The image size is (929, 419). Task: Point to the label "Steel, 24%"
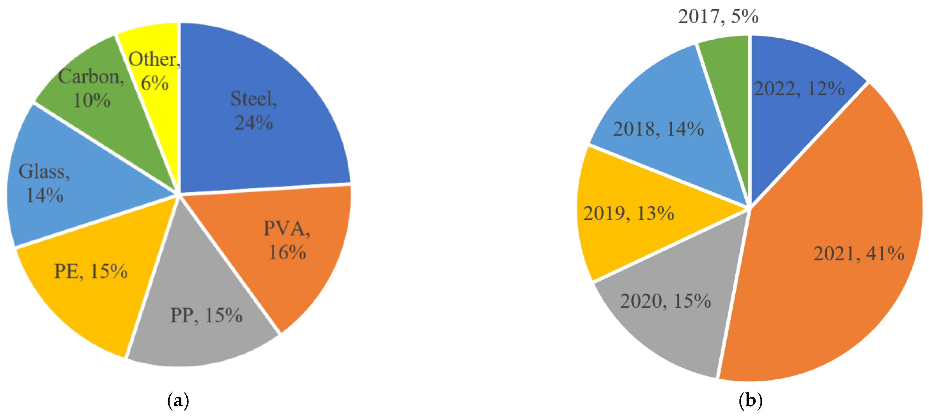[254, 110]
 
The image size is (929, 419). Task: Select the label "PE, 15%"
[91, 271]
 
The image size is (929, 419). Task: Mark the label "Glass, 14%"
[44, 183]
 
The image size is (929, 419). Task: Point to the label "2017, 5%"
[718, 17]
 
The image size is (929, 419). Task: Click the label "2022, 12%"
[799, 89]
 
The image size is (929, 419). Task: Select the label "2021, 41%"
[859, 254]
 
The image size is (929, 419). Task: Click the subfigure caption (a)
[178, 401]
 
